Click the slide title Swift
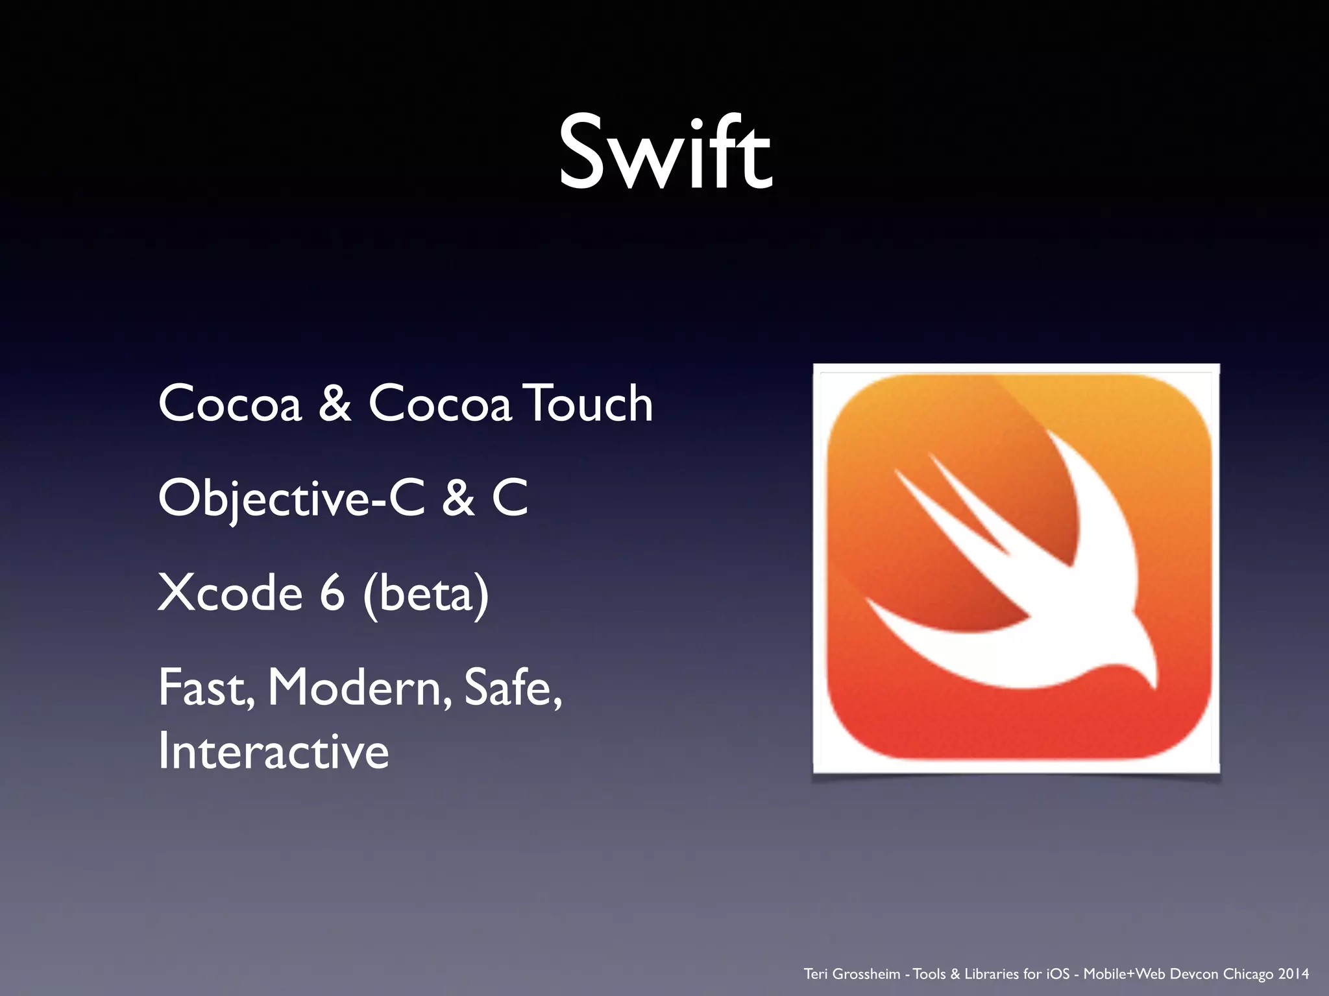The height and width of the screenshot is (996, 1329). click(664, 153)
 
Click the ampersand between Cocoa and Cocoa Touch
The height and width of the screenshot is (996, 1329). click(335, 403)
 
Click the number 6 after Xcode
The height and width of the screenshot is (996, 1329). click(332, 593)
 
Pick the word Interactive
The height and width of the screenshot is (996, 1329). click(273, 752)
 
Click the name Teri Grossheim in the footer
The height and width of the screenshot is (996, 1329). click(852, 974)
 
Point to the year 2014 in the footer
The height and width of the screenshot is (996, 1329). click(1293, 974)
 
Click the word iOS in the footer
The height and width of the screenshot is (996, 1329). click(1058, 974)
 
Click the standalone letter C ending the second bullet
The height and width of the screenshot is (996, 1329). click(510, 498)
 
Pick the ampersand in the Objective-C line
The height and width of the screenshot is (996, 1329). click(458, 498)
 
